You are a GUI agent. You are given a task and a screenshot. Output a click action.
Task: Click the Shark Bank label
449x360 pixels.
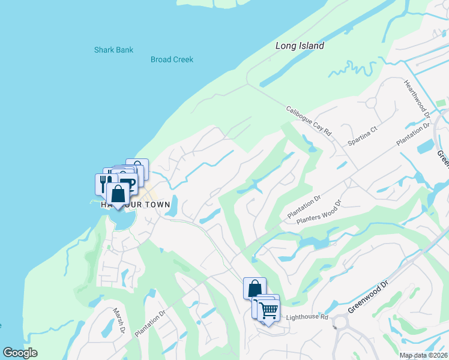point(113,50)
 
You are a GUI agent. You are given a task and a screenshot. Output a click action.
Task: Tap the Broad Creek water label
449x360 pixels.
point(172,59)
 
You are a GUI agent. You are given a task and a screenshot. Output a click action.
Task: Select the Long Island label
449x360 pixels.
point(300,46)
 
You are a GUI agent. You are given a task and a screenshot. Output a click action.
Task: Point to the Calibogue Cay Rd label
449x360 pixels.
point(309,120)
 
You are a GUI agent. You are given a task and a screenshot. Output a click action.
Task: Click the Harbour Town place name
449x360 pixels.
point(135,205)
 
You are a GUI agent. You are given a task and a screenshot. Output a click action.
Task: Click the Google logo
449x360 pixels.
point(20,353)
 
